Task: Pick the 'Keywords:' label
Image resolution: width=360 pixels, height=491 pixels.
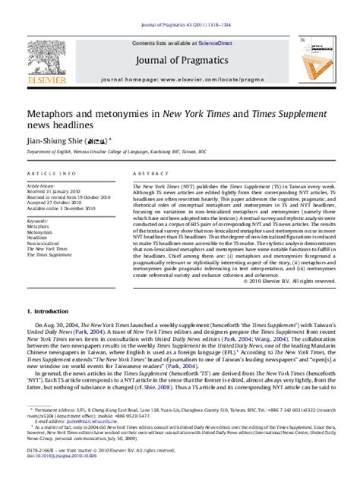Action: click(x=39, y=221)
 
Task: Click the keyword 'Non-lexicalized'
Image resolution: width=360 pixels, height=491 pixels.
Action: click(x=44, y=242)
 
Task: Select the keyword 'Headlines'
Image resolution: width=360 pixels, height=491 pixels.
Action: click(x=39, y=237)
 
